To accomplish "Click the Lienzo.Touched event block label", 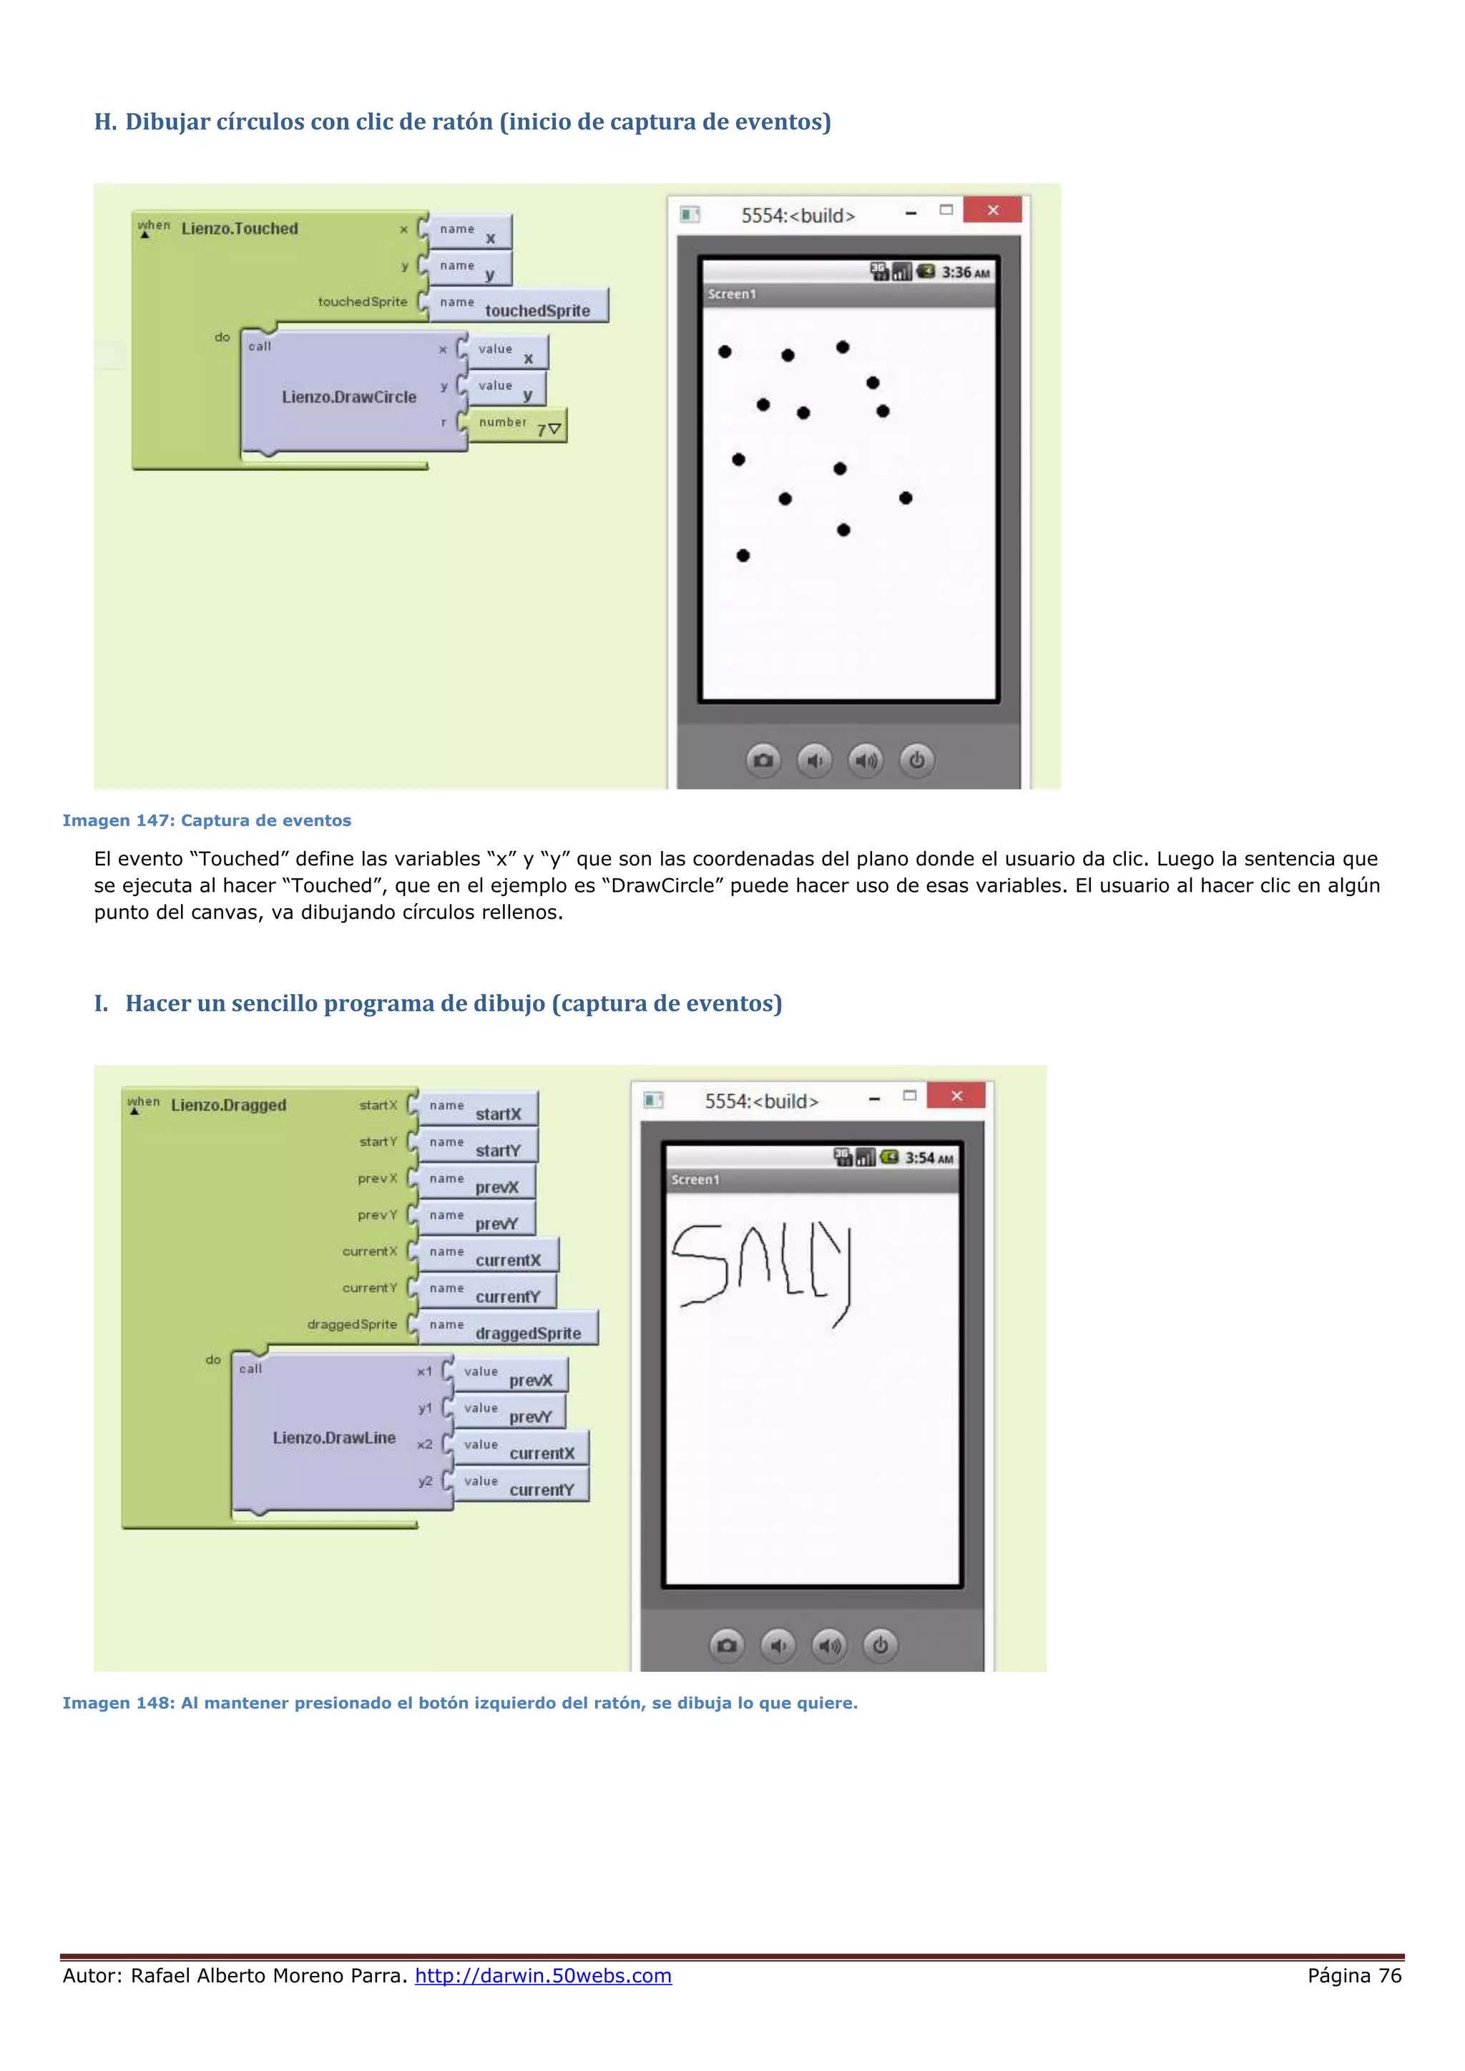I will click(239, 228).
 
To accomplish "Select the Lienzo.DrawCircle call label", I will click(349, 397).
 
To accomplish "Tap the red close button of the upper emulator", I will click(992, 210).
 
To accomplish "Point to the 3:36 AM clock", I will click(965, 272).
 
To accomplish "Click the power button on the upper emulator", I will click(916, 760).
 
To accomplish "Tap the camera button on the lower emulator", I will click(727, 1646).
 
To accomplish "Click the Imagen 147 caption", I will click(207, 821).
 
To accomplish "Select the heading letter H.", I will click(104, 122).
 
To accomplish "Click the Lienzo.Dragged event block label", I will click(228, 1105).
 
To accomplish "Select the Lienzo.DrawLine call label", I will click(335, 1438).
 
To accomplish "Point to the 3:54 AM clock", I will click(929, 1159).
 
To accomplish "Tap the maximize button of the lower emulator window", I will click(909, 1096).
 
